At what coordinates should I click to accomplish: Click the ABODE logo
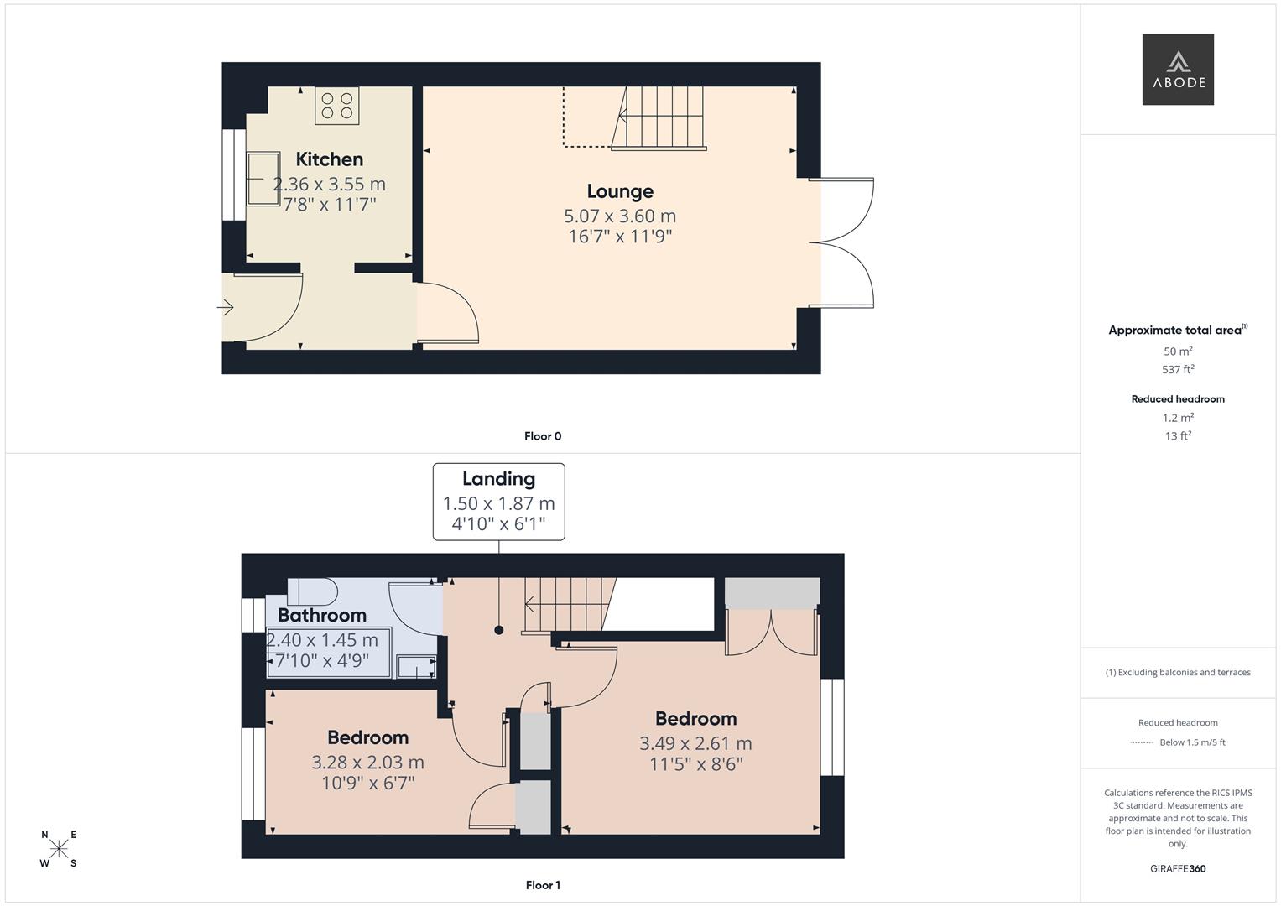point(1177,69)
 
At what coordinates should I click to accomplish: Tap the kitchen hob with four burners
point(336,106)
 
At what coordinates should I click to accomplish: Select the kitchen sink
point(263,179)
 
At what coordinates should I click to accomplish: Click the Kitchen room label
point(330,159)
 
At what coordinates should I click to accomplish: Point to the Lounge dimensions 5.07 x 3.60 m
point(620,216)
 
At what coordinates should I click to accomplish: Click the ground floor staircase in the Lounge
point(659,118)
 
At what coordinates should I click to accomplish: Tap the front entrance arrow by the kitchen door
point(225,308)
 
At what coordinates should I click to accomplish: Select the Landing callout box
point(498,501)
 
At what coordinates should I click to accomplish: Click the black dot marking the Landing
point(499,630)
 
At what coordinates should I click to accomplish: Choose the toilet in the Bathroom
point(312,591)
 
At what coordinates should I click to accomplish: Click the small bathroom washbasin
point(416,667)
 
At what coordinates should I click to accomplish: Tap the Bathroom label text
point(321,615)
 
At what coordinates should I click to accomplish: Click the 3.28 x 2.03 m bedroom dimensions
point(367,762)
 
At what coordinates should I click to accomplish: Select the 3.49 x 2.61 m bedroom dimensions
point(695,743)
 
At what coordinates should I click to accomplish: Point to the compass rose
point(59,849)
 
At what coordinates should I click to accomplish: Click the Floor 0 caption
point(543,436)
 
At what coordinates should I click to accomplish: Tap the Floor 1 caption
point(543,885)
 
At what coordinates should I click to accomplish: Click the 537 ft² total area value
point(1178,369)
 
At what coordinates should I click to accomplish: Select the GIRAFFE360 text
point(1178,868)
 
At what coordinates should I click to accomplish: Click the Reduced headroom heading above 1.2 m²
point(1178,399)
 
